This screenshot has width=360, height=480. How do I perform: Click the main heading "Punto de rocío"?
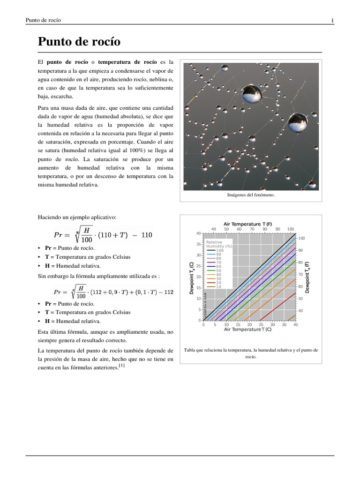coord(79,42)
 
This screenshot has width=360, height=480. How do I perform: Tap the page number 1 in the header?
coord(332,20)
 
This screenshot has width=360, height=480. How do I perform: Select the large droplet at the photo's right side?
coord(297,123)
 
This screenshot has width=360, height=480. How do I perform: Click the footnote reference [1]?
coord(121,367)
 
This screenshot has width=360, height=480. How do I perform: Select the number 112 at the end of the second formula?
coord(169,292)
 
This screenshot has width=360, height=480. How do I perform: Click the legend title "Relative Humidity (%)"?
coord(219,244)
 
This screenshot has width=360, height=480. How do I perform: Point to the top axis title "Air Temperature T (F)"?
coord(247,224)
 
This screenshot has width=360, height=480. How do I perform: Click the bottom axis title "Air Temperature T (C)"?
coord(247,329)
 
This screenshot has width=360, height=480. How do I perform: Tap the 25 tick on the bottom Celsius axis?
coord(249,324)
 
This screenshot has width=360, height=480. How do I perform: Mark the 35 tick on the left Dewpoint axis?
coord(198,244)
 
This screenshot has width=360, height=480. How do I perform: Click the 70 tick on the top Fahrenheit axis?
coord(252,229)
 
